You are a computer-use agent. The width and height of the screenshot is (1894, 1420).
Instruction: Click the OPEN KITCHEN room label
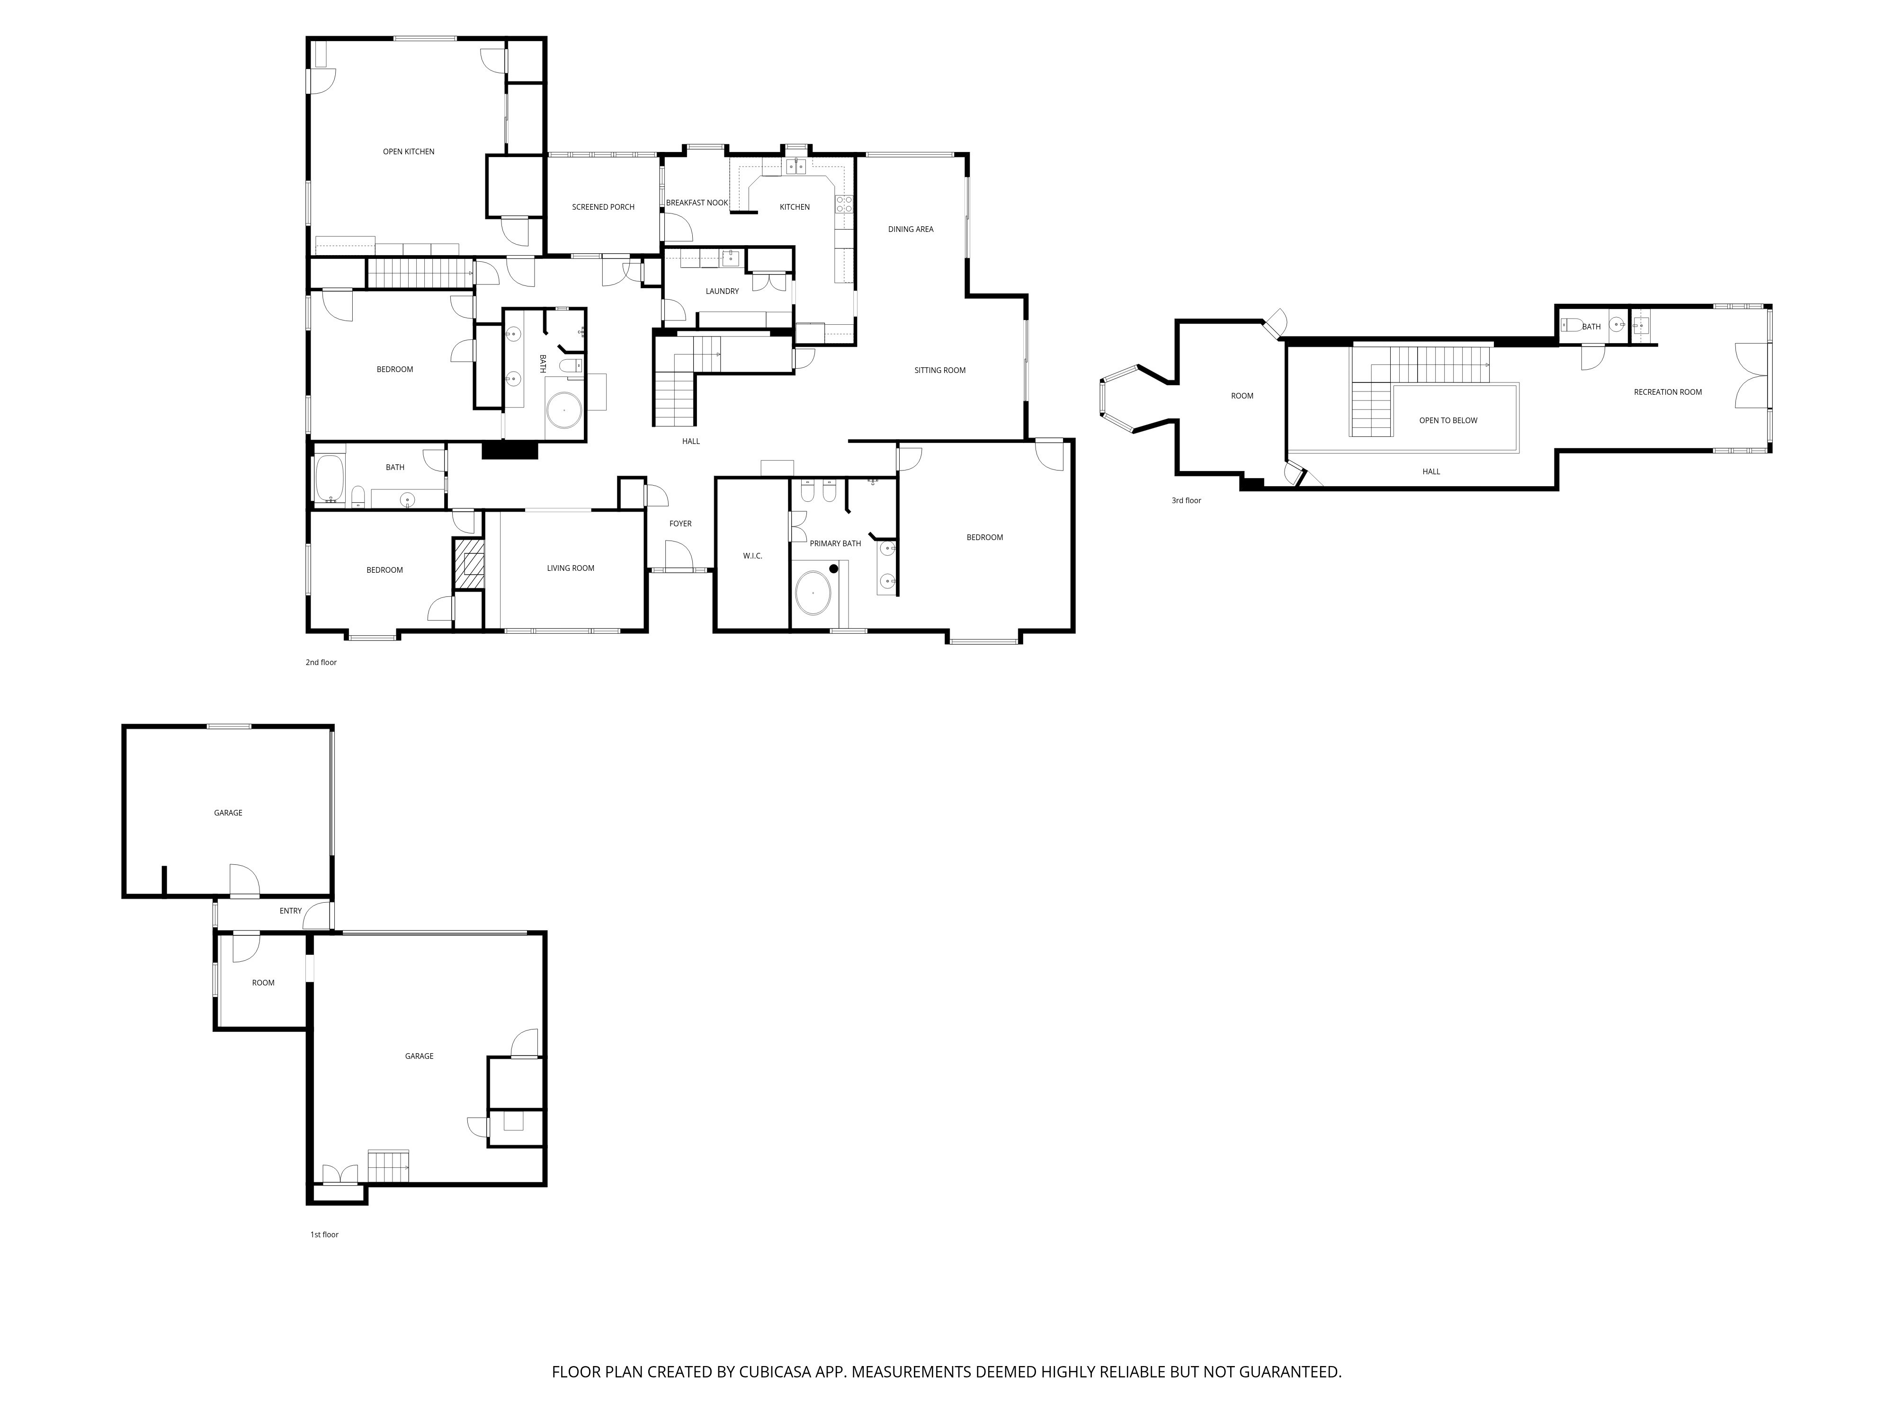pyautogui.click(x=409, y=151)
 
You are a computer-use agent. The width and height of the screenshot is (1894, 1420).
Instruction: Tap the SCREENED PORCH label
pyautogui.click(x=603, y=207)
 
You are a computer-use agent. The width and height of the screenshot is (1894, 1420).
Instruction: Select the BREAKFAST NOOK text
pyautogui.click(x=697, y=203)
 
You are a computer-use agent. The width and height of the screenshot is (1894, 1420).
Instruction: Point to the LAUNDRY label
pyautogui.click(x=722, y=291)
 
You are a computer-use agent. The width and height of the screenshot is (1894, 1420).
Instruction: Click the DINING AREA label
pyautogui.click(x=910, y=230)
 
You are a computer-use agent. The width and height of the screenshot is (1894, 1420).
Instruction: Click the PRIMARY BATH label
pyautogui.click(x=835, y=543)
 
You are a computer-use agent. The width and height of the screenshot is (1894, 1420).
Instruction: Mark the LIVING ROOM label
pyautogui.click(x=570, y=568)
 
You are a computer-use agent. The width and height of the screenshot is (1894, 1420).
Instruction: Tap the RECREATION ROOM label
pyautogui.click(x=1667, y=392)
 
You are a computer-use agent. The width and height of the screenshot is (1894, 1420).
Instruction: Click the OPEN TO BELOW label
pyautogui.click(x=1448, y=420)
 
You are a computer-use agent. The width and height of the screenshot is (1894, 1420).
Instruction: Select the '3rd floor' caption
pyautogui.click(x=1186, y=501)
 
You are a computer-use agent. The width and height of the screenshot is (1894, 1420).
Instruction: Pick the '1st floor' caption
pyautogui.click(x=324, y=1235)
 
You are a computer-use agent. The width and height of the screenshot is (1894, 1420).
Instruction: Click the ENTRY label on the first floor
pyautogui.click(x=290, y=911)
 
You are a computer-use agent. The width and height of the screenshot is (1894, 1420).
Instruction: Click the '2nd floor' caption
pyautogui.click(x=321, y=663)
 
